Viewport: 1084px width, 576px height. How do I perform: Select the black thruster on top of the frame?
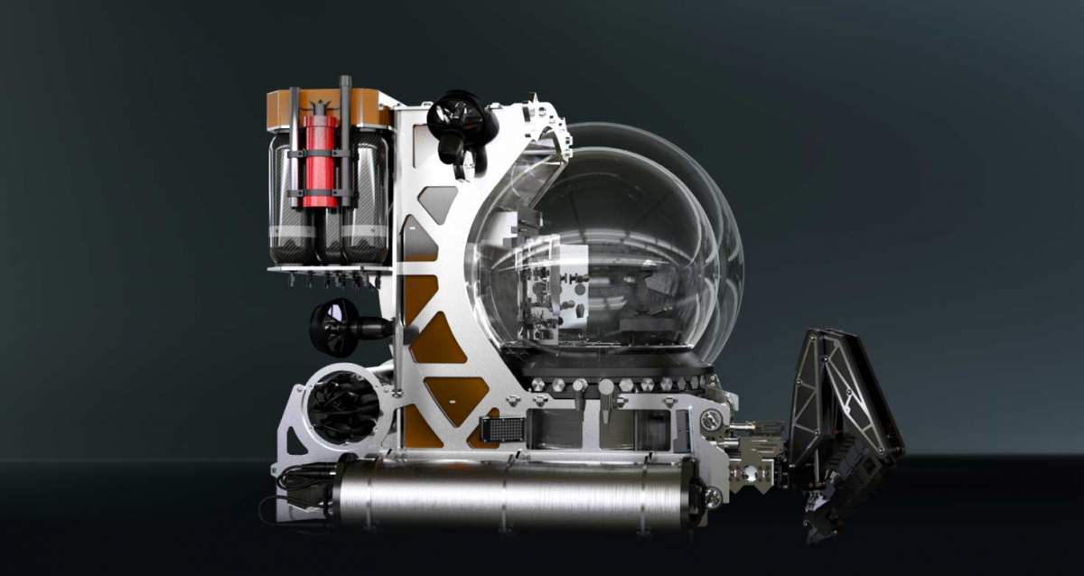pyautogui.click(x=461, y=118)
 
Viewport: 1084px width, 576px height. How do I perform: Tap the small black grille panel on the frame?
pyautogui.click(x=508, y=430)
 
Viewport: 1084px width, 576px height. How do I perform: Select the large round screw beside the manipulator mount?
pyautogui.click(x=711, y=420)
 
